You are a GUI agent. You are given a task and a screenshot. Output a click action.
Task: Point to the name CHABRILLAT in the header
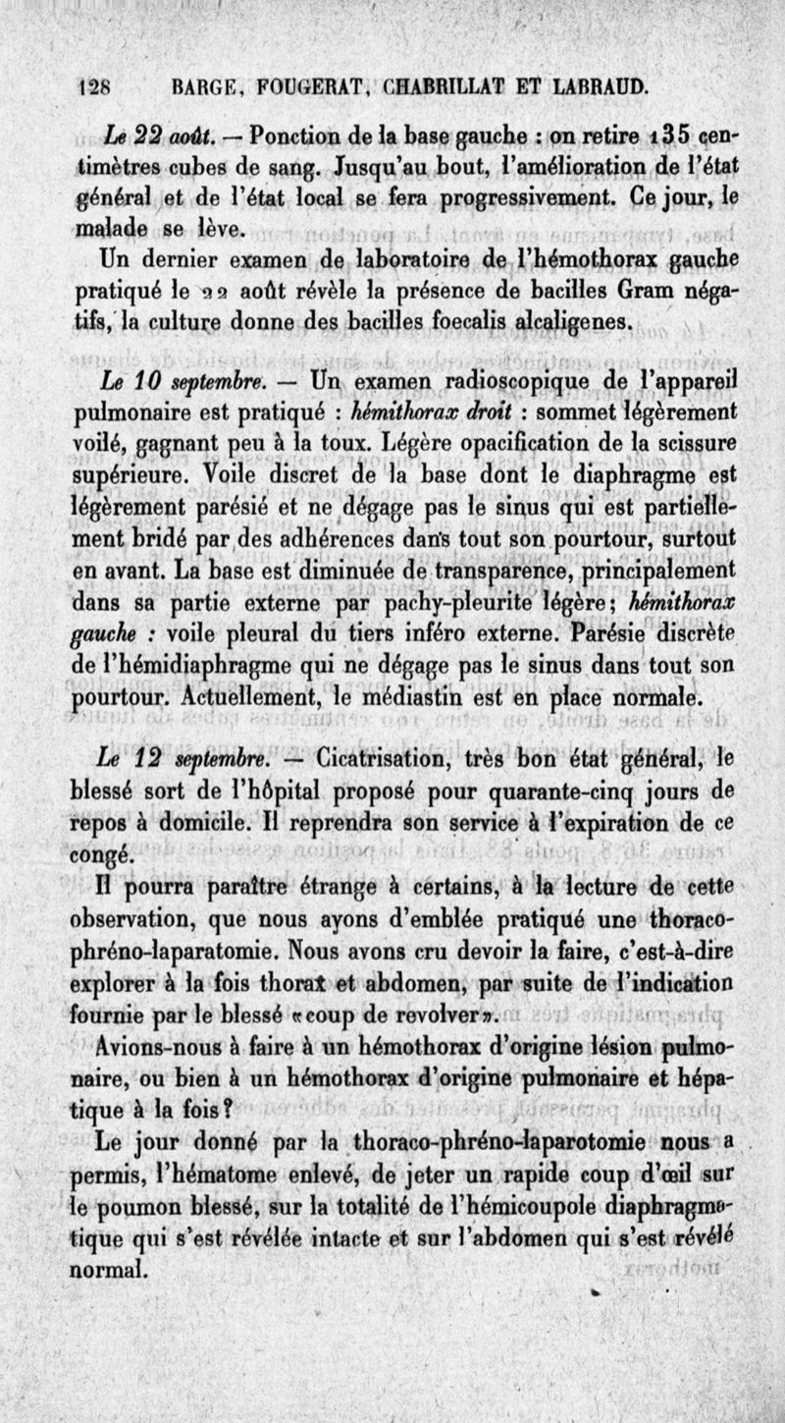coord(436,86)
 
